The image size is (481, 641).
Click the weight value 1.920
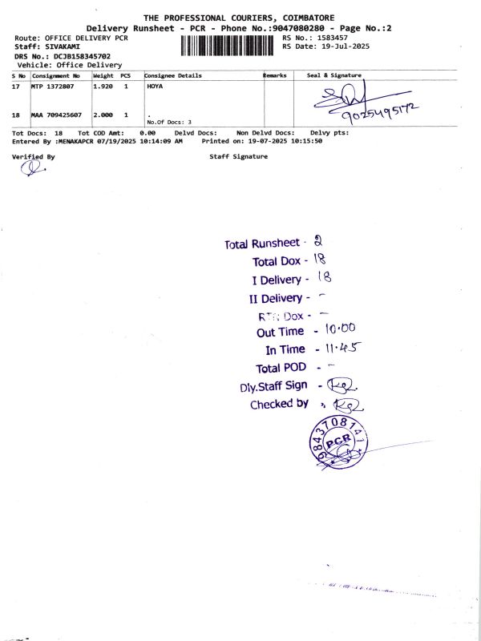(103, 85)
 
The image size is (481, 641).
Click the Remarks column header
(275, 75)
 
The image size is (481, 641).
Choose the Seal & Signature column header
(334, 75)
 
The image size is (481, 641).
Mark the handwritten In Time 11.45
(340, 349)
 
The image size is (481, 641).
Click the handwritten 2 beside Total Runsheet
(317, 241)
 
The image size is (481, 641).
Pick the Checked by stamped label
(279, 405)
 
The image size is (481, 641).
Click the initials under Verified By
(30, 167)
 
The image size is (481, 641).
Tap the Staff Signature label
(238, 157)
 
